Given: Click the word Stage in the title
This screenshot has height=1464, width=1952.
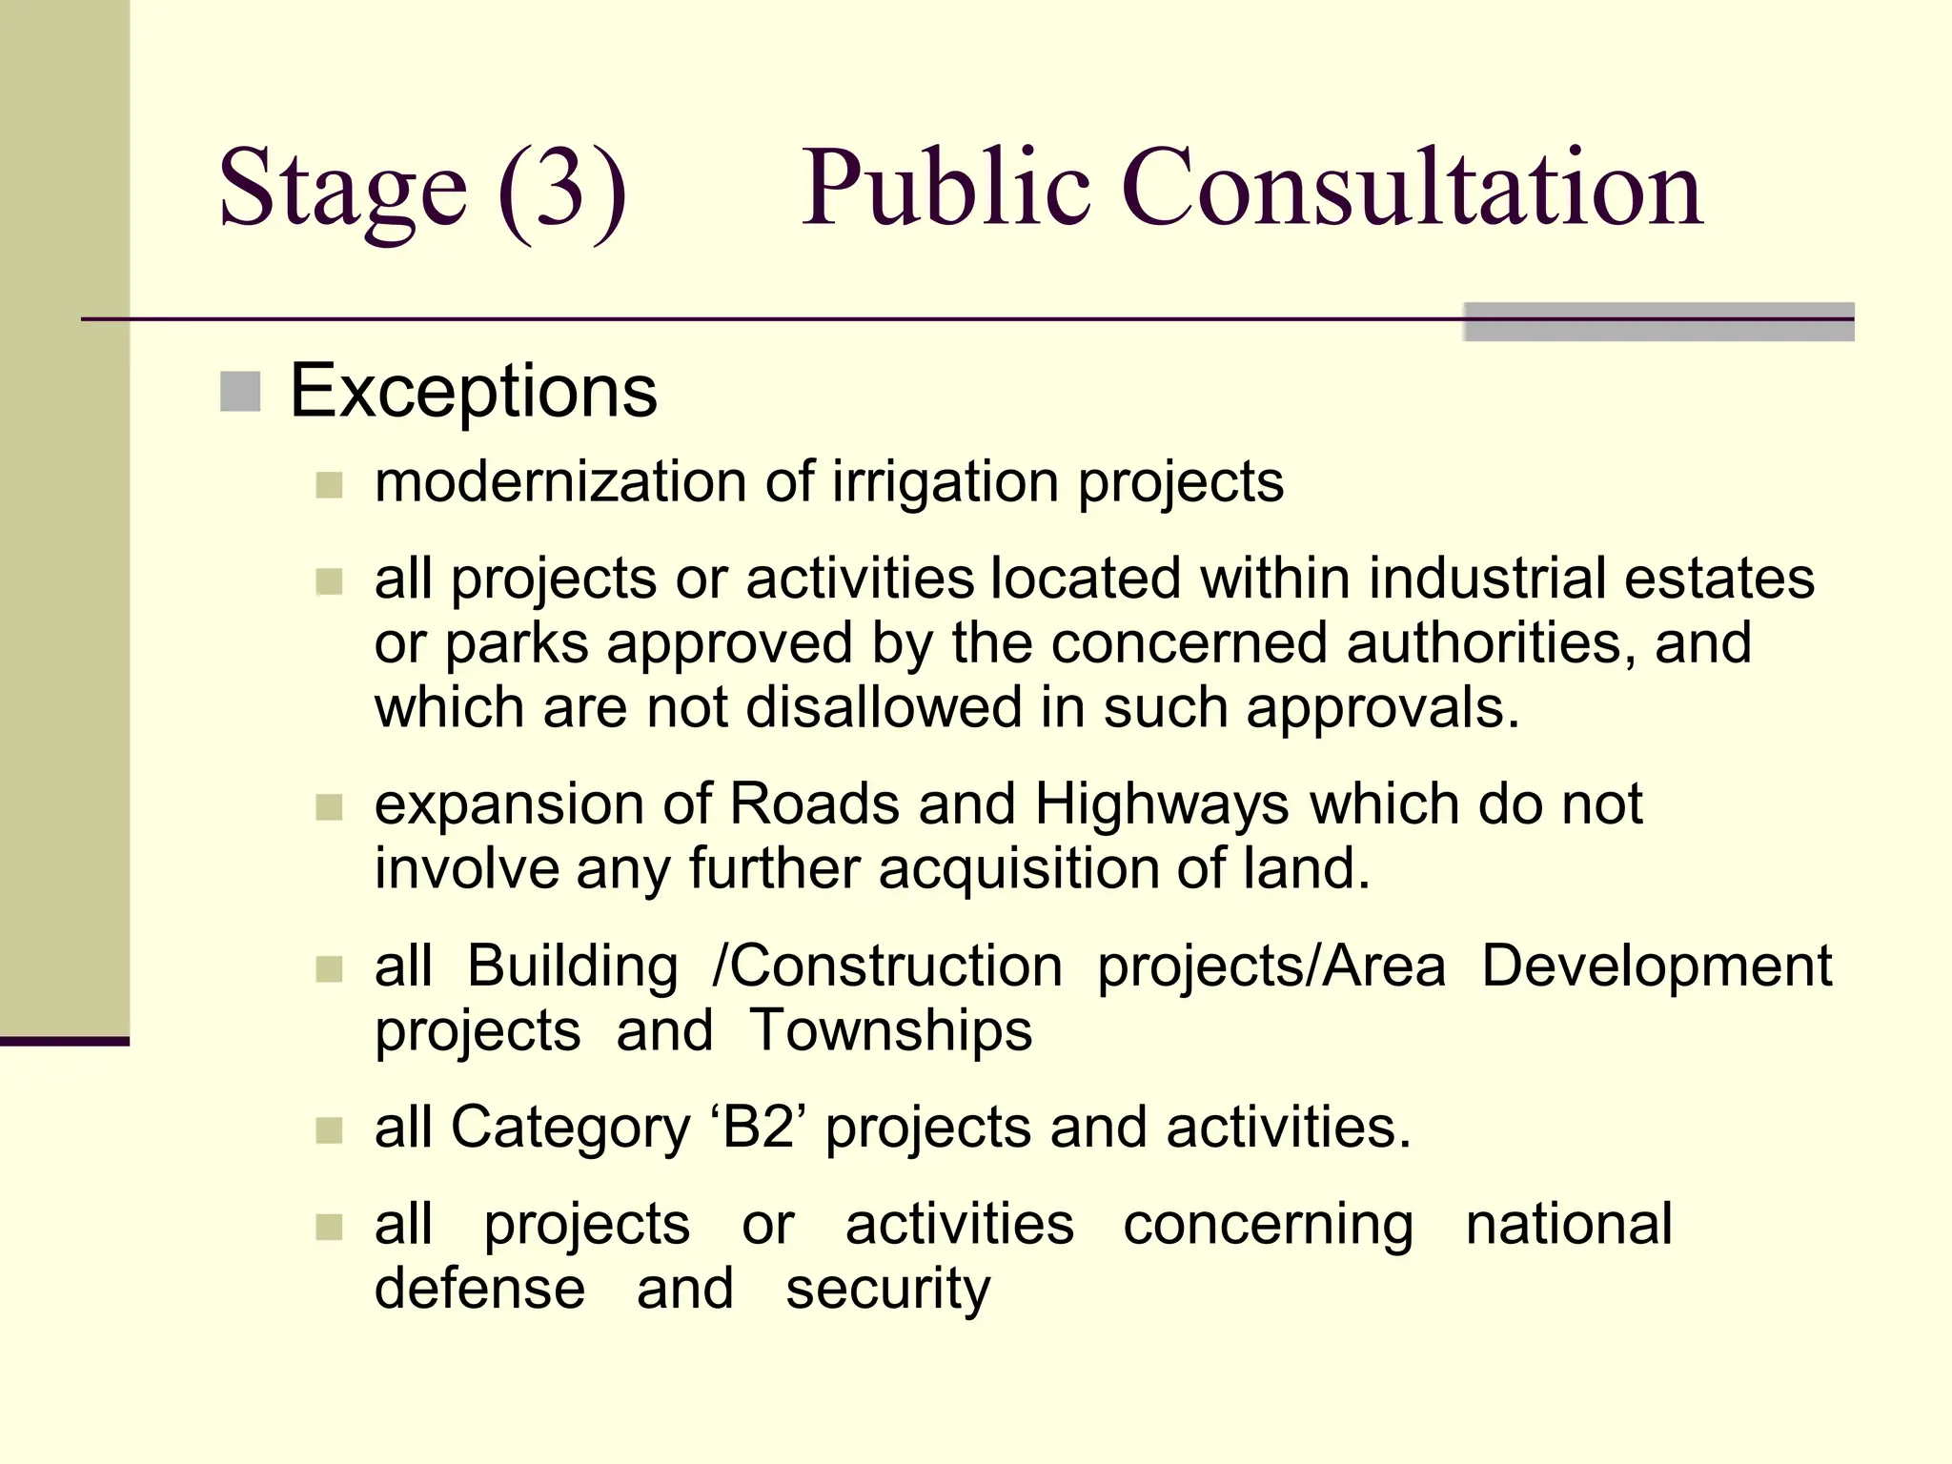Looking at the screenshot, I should coord(343,189).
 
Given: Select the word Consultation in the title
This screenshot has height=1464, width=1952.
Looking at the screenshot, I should coord(1412,189).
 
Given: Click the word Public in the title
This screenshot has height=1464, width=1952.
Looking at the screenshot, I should coord(945,189).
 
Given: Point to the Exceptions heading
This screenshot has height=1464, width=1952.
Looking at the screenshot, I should coord(473,391).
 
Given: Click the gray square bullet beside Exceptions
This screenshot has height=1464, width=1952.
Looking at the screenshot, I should coord(240,392).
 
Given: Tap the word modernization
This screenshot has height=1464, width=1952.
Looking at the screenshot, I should coord(560,481).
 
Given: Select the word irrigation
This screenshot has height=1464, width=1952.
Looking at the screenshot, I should coord(945,483).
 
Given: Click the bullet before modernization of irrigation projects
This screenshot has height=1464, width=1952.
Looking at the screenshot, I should coord(329,485).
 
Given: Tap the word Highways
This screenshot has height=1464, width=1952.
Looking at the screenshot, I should coord(1162,805).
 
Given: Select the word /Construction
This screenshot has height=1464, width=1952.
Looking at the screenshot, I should coord(887,966).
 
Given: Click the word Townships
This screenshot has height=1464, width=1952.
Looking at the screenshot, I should coord(890,1031).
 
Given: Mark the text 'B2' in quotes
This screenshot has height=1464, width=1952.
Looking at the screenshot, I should coord(759,1128).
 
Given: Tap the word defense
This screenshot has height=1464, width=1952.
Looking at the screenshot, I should coord(479,1289).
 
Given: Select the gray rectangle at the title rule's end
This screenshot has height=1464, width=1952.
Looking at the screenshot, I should coord(1658,322).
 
